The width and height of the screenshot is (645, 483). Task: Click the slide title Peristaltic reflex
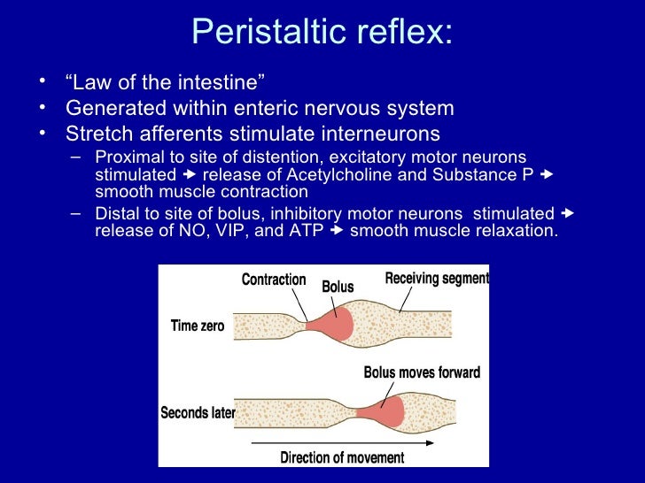pyautogui.click(x=322, y=33)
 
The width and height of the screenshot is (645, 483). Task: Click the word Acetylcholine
pyautogui.click(x=338, y=174)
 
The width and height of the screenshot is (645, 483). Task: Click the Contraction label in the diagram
pyautogui.click(x=274, y=280)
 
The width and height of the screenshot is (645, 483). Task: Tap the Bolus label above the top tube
pyautogui.click(x=338, y=287)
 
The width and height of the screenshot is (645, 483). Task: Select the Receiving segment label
pyautogui.click(x=436, y=279)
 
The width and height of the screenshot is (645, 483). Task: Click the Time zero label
pyautogui.click(x=198, y=326)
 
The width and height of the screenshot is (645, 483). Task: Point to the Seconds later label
pyautogui.click(x=198, y=413)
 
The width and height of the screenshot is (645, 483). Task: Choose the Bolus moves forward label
pyautogui.click(x=422, y=372)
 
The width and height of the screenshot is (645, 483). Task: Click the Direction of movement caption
pyautogui.click(x=342, y=458)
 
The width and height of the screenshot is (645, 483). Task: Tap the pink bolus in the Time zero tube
pyautogui.click(x=335, y=323)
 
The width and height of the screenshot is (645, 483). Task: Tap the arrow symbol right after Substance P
pyautogui.click(x=546, y=174)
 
